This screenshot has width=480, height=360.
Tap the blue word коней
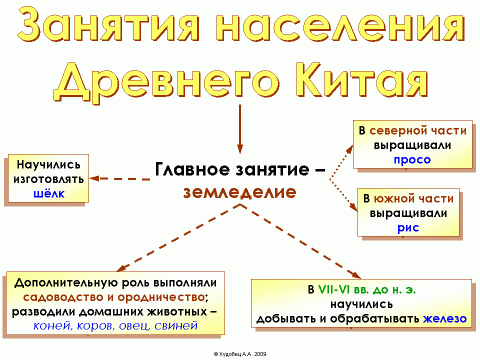(x=51, y=325)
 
